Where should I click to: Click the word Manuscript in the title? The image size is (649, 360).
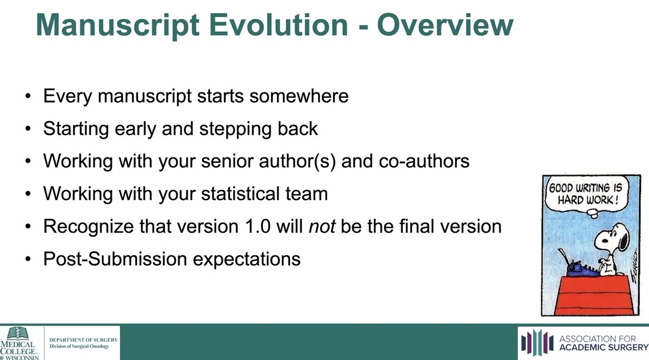(118, 25)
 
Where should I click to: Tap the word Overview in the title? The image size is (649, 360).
(446, 25)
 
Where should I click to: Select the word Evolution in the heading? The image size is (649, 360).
(279, 25)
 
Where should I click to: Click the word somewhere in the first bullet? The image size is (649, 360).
(299, 96)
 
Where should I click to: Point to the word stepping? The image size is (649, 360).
(236, 129)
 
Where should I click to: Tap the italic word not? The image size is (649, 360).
(322, 226)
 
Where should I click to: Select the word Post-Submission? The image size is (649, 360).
(115, 258)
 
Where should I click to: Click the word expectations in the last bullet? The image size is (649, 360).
(247, 259)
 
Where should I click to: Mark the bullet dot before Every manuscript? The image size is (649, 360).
(28, 96)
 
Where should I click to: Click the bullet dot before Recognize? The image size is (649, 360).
(28, 226)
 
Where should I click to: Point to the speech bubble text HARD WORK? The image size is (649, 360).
(588, 200)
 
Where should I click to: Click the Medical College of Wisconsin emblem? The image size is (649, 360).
(18, 333)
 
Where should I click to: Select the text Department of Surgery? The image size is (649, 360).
(83, 339)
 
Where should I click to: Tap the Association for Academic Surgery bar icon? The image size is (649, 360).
(537, 343)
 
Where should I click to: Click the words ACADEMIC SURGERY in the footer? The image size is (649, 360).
(604, 347)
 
